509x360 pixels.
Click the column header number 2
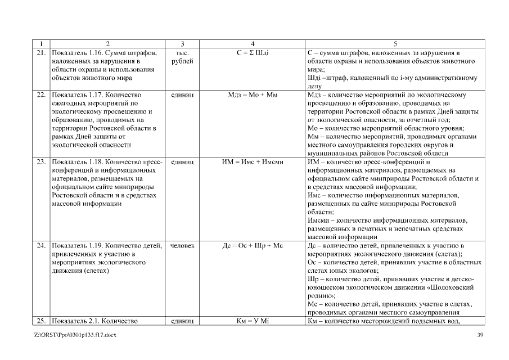point(107,44)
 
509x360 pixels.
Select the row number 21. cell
point(41,52)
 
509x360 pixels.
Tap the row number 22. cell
point(41,95)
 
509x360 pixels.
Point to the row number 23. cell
point(41,162)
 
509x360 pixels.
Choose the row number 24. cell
point(41,245)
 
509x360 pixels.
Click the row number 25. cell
point(41,321)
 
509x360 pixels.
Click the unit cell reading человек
point(182,245)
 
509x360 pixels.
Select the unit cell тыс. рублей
point(182,57)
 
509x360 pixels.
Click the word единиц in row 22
point(182,95)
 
